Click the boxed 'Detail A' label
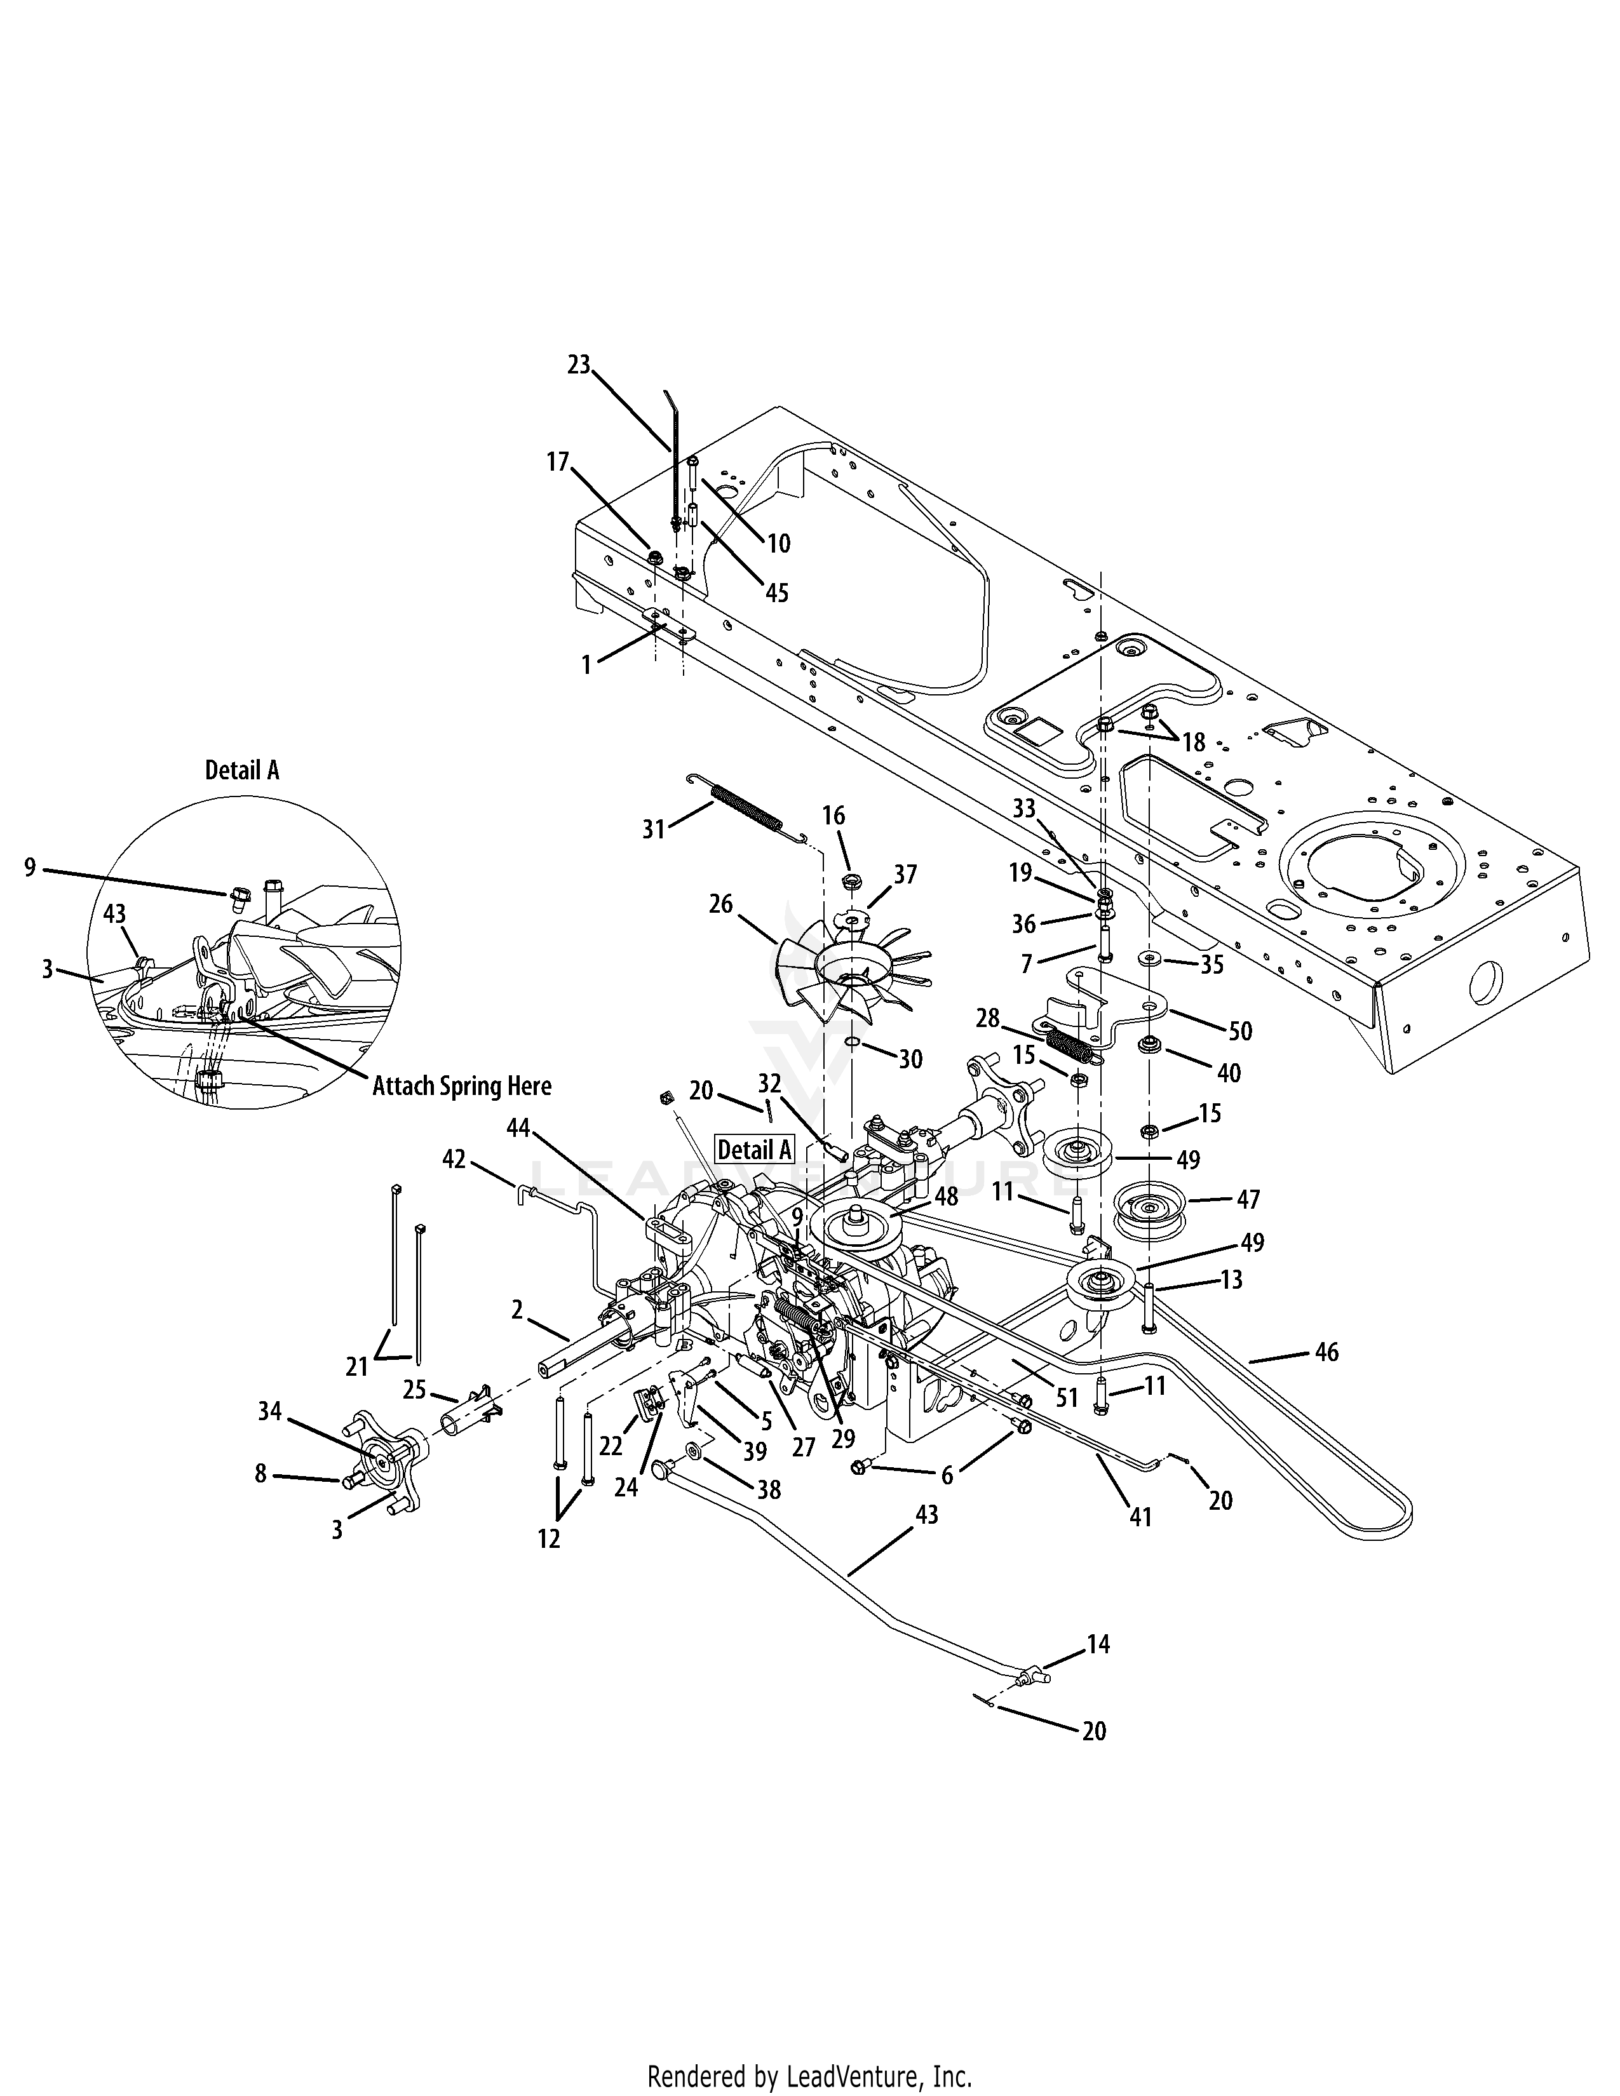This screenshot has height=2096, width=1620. (x=755, y=1149)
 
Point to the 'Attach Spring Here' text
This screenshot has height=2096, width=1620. (x=462, y=1086)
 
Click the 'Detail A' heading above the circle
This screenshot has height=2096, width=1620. (x=242, y=770)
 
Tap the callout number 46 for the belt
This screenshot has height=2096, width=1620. (x=1326, y=1352)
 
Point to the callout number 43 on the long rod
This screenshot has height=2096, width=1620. (x=926, y=1515)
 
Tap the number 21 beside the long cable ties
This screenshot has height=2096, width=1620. (x=357, y=1366)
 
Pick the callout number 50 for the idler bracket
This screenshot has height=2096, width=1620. (x=1240, y=1031)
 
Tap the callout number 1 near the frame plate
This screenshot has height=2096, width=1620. (x=586, y=664)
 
